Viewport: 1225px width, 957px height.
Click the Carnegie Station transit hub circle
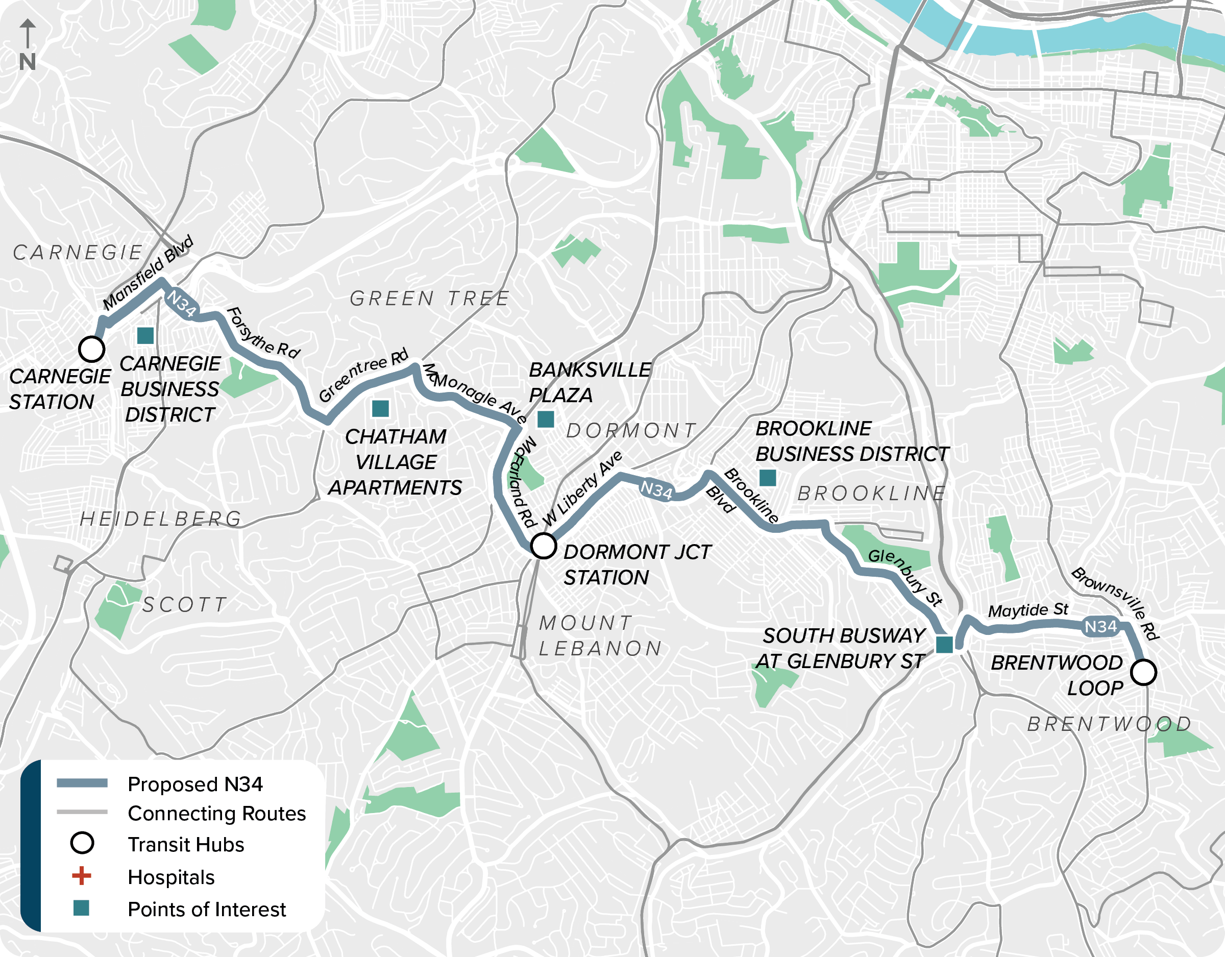91,349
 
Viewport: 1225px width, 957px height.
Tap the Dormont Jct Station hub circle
543,545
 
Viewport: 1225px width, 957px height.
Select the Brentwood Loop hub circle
1143,672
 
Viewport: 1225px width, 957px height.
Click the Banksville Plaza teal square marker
545,419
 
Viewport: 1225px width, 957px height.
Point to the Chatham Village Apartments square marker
380,408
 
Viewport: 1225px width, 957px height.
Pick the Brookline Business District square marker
767,478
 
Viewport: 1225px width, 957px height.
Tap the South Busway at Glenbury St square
944,645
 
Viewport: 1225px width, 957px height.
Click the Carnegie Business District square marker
145,335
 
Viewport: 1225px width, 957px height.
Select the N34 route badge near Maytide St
1100,626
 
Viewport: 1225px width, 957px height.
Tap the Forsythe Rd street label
262,334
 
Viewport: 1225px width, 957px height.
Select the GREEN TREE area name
430,299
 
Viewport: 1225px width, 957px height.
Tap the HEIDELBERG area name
161,519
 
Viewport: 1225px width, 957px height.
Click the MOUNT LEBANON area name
599,635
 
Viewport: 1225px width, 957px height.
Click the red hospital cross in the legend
82,876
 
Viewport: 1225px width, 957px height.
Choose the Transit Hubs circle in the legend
82,843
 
